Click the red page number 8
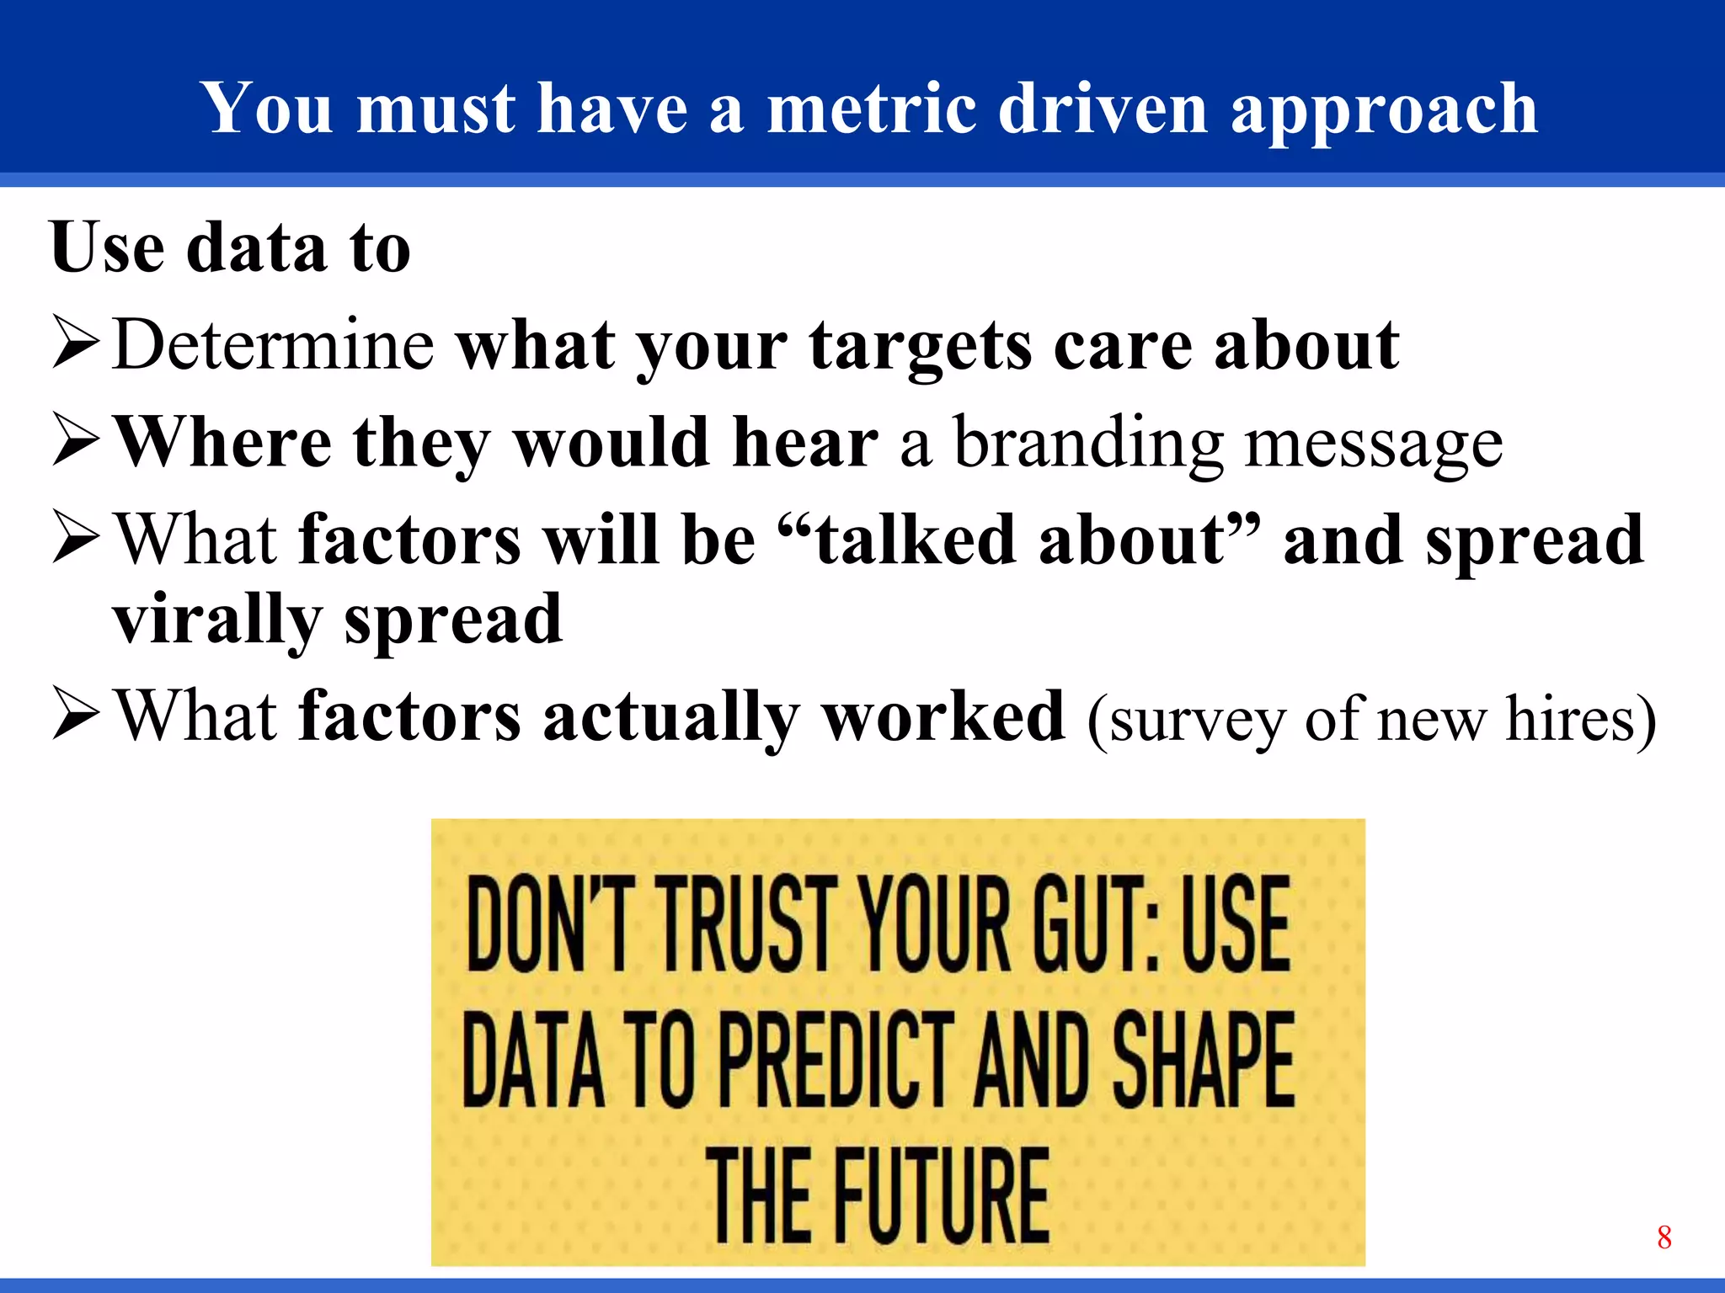tap(1664, 1237)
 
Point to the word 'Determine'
tap(273, 344)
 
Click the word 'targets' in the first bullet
tap(921, 348)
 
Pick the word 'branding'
tap(1087, 444)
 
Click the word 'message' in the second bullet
tap(1374, 444)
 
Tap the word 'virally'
tap(217, 620)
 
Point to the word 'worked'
tap(943, 716)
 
